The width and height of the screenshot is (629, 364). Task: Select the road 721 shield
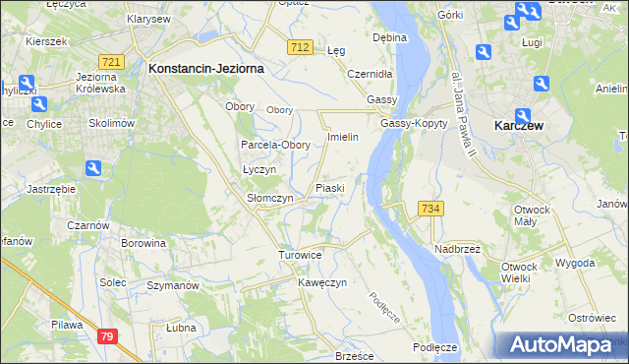point(112,62)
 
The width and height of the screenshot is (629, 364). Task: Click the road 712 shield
point(301,47)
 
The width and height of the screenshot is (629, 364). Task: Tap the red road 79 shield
point(108,336)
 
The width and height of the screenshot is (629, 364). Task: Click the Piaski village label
point(328,187)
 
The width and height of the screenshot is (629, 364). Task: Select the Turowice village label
point(300,255)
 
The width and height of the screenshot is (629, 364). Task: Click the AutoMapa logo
point(559,345)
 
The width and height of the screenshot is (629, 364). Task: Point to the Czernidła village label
point(371,74)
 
